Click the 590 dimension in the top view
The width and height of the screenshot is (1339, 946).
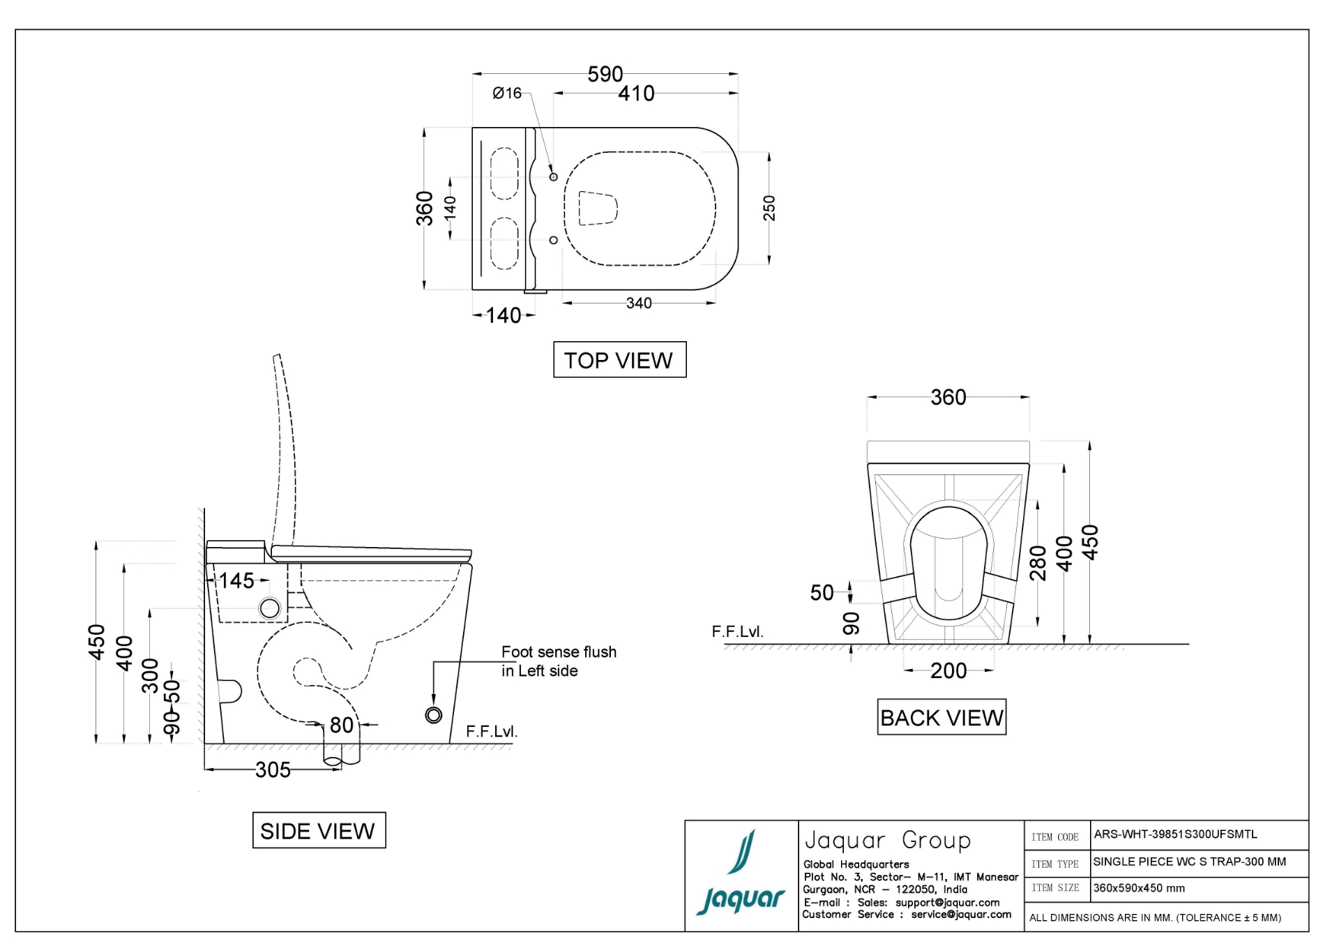[x=605, y=74]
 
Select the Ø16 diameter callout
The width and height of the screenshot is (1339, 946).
[x=507, y=93]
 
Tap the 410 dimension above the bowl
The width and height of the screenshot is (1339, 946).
[x=636, y=93]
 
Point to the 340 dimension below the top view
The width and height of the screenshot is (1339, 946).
[x=639, y=303]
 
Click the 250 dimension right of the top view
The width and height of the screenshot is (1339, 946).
[x=769, y=208]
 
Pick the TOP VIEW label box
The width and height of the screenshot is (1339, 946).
[x=619, y=360]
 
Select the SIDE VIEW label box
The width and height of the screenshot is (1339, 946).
[x=319, y=830]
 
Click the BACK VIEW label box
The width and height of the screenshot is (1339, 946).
[x=941, y=717]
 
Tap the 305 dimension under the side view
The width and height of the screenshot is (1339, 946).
[x=273, y=770]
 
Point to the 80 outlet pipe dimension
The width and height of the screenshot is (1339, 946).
[x=341, y=726]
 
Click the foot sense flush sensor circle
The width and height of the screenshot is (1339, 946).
[x=434, y=715]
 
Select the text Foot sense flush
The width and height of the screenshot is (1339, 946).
[x=559, y=652]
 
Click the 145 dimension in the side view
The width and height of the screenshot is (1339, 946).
[x=237, y=580]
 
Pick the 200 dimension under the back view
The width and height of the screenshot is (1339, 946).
[x=948, y=671]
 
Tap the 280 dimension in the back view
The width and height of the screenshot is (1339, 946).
[x=1038, y=562]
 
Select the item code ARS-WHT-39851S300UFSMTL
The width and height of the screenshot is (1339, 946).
[x=1176, y=834]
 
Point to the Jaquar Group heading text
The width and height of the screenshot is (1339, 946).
[x=887, y=840]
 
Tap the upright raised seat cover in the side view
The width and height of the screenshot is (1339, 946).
[x=286, y=446]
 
